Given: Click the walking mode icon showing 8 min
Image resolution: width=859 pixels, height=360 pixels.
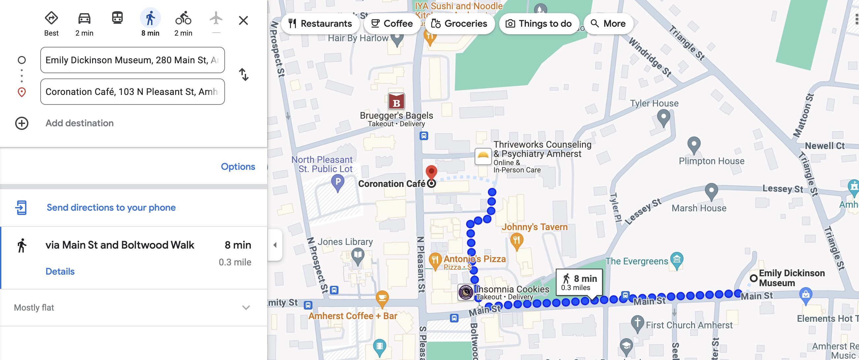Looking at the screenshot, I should point(150,19).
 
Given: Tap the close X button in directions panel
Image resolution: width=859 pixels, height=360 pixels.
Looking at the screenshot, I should point(243,21).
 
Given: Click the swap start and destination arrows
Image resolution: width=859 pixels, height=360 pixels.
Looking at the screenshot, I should point(244,75).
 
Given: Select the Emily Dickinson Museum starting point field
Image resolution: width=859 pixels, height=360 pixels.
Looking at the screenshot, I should point(132,60).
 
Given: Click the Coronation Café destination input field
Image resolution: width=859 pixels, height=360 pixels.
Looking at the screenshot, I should point(132,92).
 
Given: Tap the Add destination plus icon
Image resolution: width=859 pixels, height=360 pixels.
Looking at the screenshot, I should point(22,123).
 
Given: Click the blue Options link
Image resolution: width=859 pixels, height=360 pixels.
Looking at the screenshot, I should point(238,167).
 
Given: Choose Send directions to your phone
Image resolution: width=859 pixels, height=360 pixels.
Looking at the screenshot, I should point(111,208).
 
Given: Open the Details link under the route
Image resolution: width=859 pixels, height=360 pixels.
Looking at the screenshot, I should point(60,272).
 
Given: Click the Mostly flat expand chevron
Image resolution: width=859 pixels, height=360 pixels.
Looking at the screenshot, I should point(246,308).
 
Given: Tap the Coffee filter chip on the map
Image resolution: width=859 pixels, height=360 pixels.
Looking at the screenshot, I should point(392,24).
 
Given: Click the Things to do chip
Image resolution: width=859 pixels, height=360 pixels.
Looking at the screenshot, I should point(539,24).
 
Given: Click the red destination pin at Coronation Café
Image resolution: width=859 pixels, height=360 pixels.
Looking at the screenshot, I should point(431,171).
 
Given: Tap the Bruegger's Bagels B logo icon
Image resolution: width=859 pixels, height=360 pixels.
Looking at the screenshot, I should point(396,102).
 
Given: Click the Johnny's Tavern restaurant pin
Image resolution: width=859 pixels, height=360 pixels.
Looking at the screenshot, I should point(516,240).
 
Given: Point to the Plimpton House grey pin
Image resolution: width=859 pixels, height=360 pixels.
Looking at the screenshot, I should point(694,145).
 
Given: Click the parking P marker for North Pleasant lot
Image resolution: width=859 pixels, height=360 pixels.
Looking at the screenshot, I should point(337,182).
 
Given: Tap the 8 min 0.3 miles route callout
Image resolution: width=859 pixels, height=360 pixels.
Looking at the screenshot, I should point(579,282).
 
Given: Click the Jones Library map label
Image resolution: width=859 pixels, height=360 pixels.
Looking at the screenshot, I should point(345,242).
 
